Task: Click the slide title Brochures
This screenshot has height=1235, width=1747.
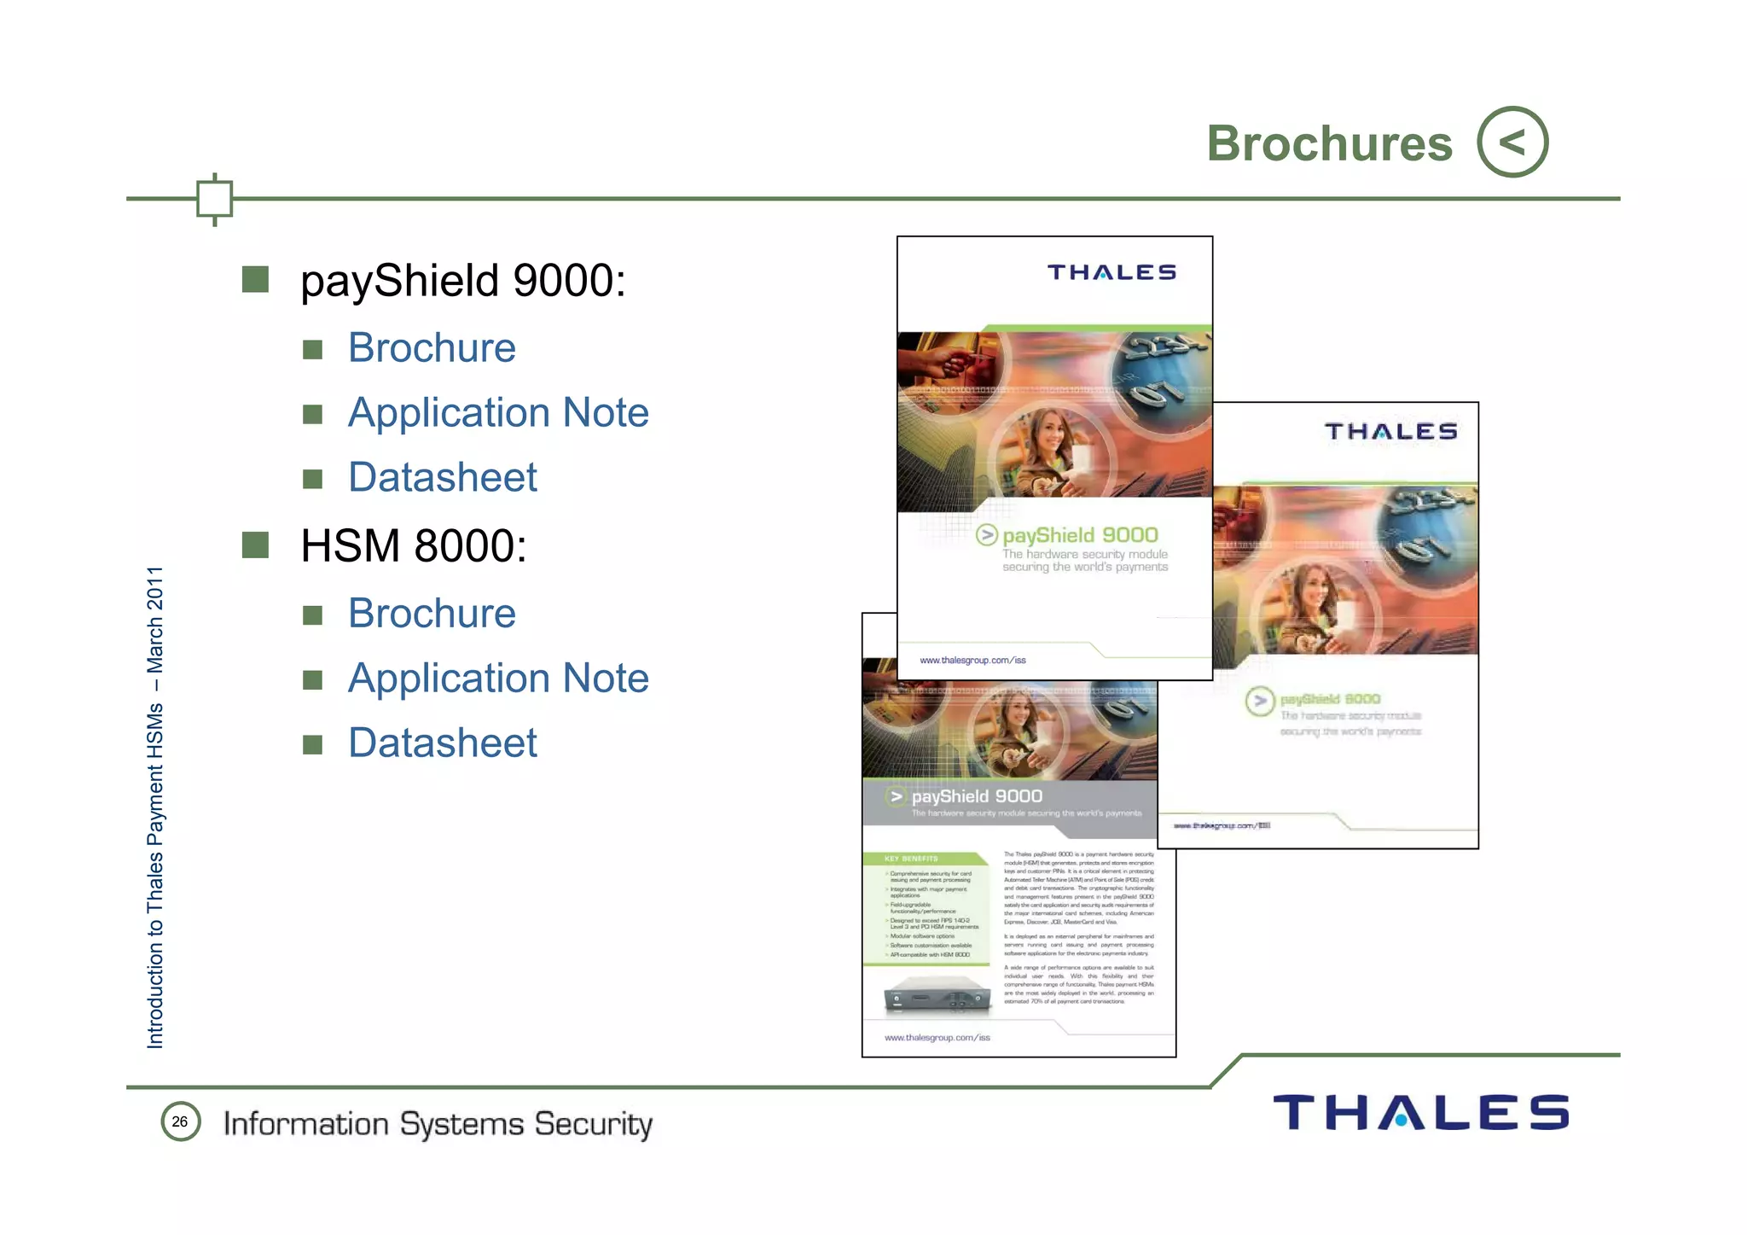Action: coord(1328,143)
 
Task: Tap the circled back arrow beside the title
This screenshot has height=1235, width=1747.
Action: coord(1512,142)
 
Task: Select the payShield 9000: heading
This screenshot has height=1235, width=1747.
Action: coord(463,281)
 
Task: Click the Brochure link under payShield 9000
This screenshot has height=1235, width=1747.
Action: coord(432,348)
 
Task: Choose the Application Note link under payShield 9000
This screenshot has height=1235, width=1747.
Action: coord(498,413)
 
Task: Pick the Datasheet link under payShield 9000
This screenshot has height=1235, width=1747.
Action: coord(443,477)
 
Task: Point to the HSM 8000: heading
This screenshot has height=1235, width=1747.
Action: coord(414,546)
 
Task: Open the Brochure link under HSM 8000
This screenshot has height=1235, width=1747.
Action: coord(432,614)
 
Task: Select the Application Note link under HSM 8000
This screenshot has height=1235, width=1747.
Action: coord(498,679)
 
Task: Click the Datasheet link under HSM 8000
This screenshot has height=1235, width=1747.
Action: coord(443,743)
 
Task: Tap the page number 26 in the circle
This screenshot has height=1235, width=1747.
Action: coord(180,1121)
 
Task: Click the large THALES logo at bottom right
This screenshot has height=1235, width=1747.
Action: coord(1420,1113)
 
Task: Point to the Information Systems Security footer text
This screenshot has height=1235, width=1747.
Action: coord(438,1124)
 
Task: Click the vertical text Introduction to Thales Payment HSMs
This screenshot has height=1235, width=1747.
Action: coord(155,807)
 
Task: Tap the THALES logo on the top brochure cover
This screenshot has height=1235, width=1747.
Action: coord(1111,272)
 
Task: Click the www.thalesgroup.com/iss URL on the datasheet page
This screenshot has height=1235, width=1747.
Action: coord(937,1038)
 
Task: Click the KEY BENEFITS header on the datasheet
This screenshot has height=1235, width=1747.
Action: coord(911,859)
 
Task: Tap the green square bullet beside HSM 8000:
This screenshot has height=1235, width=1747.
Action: coord(255,545)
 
